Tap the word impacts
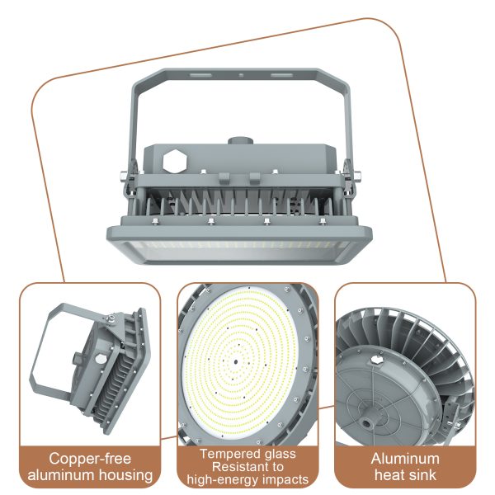(285, 479)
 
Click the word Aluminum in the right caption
(405, 459)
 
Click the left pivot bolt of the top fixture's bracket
(122, 175)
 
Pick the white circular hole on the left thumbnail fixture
(100, 361)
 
